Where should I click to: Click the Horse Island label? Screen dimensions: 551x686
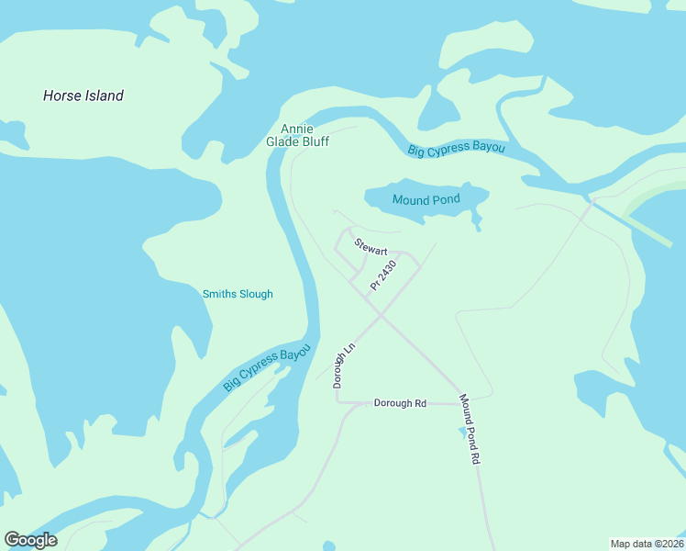click(x=83, y=96)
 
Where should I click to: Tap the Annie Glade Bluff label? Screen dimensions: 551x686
click(x=297, y=135)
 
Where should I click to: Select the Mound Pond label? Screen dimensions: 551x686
click(x=426, y=199)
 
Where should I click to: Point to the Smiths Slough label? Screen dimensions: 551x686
click(x=238, y=294)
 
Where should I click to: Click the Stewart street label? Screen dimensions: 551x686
click(x=371, y=247)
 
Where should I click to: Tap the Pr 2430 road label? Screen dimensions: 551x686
click(x=383, y=276)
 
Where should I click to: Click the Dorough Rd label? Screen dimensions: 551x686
click(x=401, y=403)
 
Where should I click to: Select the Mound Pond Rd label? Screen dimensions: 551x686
click(x=470, y=430)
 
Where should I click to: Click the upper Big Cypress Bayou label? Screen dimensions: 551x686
click(x=457, y=149)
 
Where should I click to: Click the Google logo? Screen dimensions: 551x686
click(x=30, y=540)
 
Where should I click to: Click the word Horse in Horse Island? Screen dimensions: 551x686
click(x=61, y=96)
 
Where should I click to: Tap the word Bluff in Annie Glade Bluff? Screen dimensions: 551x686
click(x=314, y=142)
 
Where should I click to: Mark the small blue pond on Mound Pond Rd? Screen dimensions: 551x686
click(x=460, y=431)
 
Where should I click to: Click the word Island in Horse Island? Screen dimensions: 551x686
click(x=104, y=96)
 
